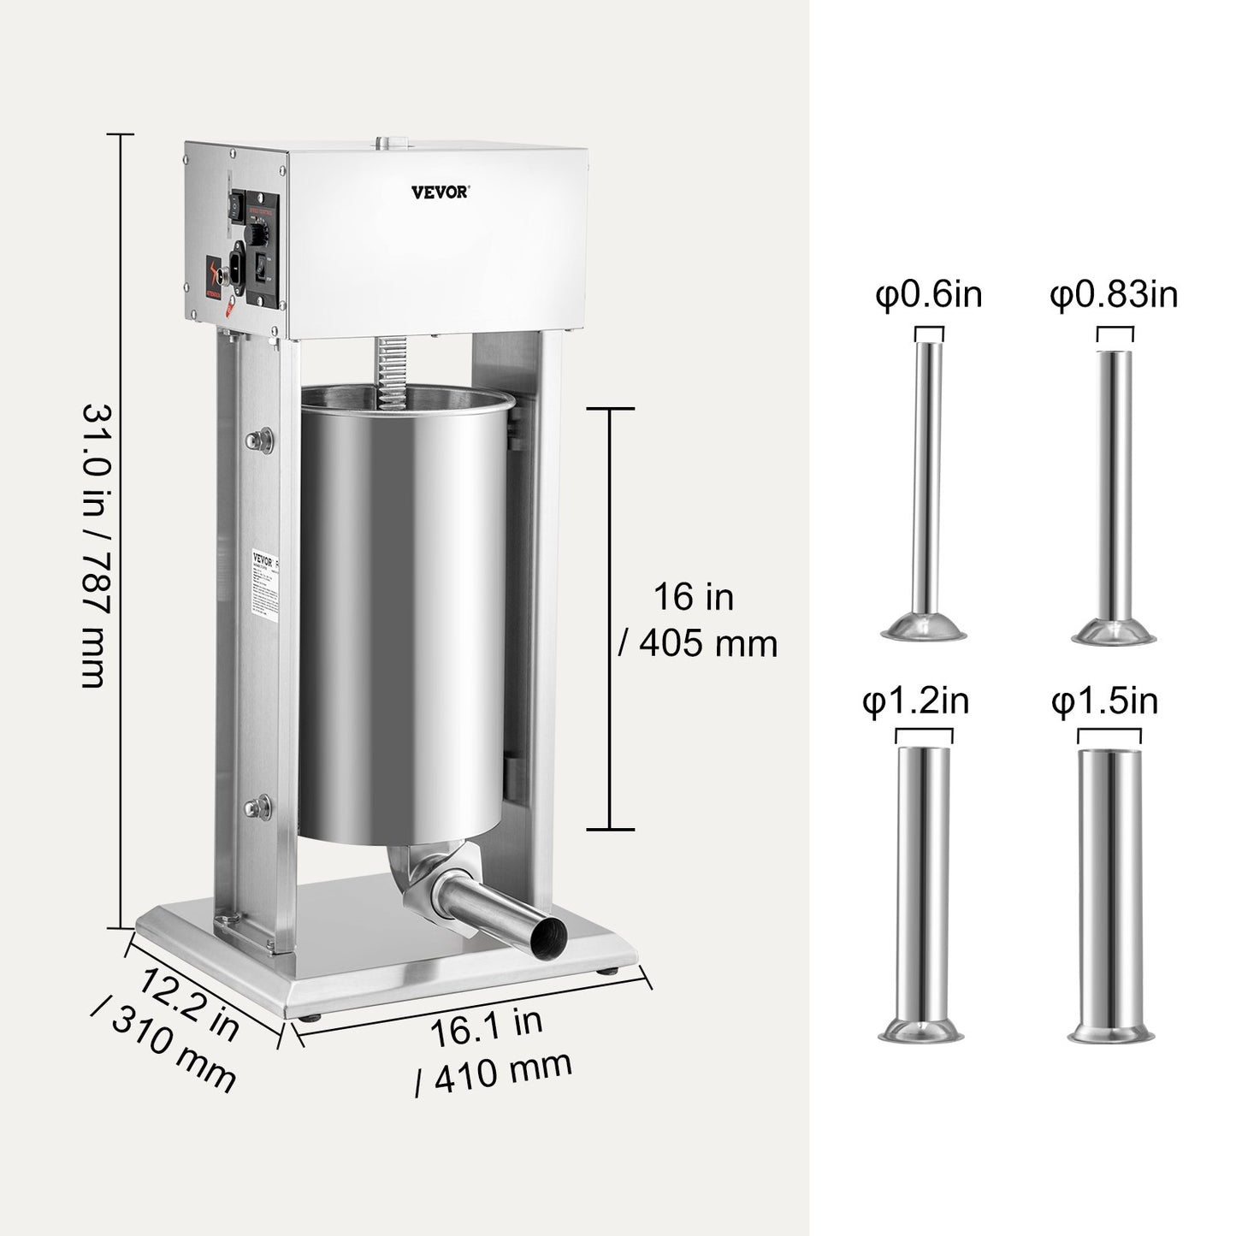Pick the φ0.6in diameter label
pyautogui.click(x=928, y=296)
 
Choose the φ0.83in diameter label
pyautogui.click(x=1114, y=296)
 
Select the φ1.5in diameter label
pyautogui.click(x=1105, y=702)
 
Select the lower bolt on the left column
pyautogui.click(x=256, y=806)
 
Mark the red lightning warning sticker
pyautogui.click(x=215, y=273)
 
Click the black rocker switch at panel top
pyautogui.click(x=232, y=204)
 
